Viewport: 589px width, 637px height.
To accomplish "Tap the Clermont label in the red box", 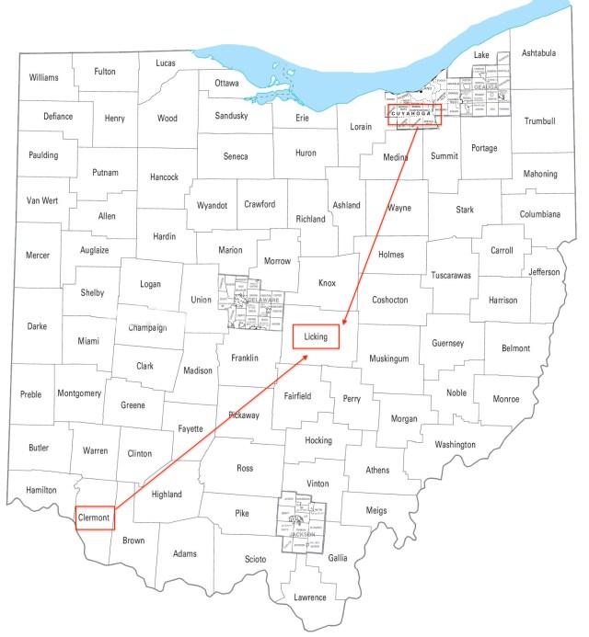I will (94, 518).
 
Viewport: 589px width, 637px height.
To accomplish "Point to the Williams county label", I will (43, 78).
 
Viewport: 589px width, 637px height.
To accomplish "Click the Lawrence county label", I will (310, 597).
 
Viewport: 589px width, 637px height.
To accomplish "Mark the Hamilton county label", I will (40, 491).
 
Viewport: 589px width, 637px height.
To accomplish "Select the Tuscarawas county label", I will (451, 275).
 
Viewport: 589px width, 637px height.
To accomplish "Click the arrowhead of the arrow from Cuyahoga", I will (342, 324).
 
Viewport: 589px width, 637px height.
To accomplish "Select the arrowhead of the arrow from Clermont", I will (306, 355).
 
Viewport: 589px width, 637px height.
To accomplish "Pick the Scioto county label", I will (255, 559).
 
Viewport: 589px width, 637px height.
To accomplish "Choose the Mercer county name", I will (38, 256).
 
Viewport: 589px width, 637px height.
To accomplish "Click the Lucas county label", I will (166, 63).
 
